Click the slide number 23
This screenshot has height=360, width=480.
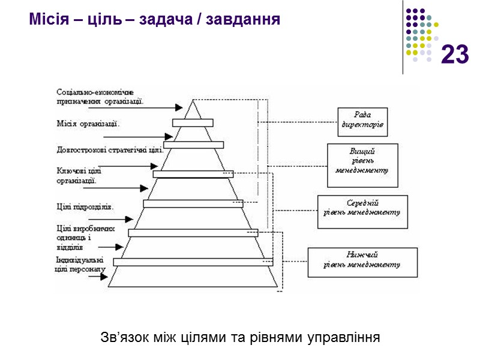[x=455, y=55]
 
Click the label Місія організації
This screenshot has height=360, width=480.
[x=88, y=125]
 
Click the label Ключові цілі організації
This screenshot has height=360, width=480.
[x=77, y=175]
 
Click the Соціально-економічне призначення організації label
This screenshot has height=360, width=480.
[x=100, y=97]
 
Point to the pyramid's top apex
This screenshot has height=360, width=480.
[x=193, y=100]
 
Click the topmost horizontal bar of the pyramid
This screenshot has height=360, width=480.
[x=193, y=123]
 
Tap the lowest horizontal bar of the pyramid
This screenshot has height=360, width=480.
[x=193, y=262]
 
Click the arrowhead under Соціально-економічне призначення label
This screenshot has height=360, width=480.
[x=178, y=107]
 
